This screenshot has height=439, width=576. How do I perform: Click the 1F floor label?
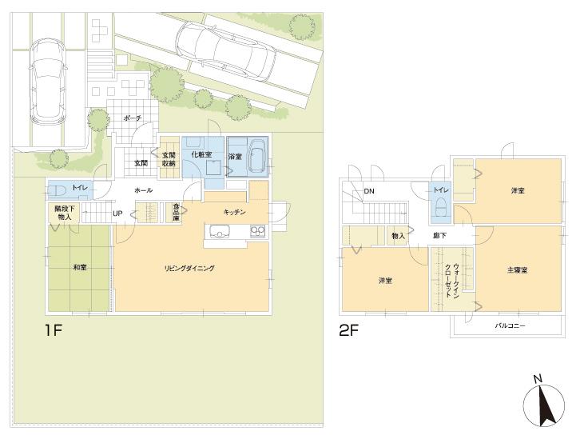tap(52, 329)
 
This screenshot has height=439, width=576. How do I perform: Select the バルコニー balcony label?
tap(509, 326)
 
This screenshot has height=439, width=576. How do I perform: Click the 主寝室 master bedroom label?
tap(517, 269)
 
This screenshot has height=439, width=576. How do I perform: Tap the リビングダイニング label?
tap(189, 269)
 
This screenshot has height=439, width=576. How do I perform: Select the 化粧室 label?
tap(201, 154)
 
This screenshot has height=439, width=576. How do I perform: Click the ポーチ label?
tap(133, 118)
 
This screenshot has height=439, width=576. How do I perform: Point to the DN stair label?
tap(369, 192)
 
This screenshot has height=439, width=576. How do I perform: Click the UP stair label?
tap(117, 214)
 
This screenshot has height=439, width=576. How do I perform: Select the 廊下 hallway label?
tap(440, 236)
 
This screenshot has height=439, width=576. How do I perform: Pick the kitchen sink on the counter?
tap(219, 232)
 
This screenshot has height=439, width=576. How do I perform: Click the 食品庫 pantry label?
tap(176, 213)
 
